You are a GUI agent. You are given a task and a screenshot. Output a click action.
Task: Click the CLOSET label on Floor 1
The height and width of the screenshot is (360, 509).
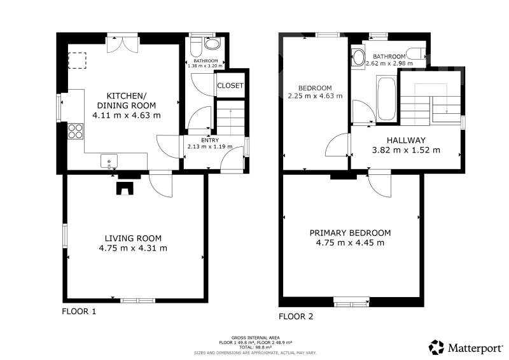[x=230, y=86]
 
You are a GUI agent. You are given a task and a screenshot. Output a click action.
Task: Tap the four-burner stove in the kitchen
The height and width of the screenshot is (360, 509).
[x=75, y=131]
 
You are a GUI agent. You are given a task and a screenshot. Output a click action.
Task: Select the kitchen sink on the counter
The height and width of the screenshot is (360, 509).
[x=109, y=162]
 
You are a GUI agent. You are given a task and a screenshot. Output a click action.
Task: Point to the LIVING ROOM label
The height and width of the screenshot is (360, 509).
[x=133, y=239]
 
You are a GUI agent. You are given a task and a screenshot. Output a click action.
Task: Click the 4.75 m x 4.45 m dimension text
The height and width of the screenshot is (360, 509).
[x=350, y=243]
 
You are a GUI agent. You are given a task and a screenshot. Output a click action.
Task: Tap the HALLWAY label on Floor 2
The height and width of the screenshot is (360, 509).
[x=406, y=141]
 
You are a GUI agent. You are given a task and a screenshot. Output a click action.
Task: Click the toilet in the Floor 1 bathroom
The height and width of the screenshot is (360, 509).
[x=197, y=48]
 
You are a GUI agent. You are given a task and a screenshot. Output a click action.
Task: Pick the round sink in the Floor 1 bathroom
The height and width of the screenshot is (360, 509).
[x=212, y=45]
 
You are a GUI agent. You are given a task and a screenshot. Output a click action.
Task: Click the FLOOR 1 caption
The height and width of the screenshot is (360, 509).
[x=79, y=312]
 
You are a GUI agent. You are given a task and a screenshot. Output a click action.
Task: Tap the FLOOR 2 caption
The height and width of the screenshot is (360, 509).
[x=296, y=317]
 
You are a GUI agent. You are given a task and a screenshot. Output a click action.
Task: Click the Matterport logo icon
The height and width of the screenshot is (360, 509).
[x=436, y=347]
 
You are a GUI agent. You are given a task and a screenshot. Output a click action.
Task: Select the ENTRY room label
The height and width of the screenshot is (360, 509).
[x=210, y=140]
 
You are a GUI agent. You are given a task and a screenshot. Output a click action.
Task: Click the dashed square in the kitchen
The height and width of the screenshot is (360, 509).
[x=77, y=60]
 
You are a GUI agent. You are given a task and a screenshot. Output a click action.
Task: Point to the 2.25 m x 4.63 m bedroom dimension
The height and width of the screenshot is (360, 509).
[x=315, y=96]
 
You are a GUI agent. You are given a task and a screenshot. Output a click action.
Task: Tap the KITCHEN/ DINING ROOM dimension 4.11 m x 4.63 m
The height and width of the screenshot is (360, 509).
[x=127, y=116]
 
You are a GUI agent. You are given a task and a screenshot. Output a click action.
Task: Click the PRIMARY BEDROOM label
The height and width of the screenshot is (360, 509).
[x=351, y=233]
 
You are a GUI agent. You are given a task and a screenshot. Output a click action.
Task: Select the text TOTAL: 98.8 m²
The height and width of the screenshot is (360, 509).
[x=256, y=347]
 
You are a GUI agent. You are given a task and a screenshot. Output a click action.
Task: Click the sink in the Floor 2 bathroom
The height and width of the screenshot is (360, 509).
[x=359, y=58]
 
